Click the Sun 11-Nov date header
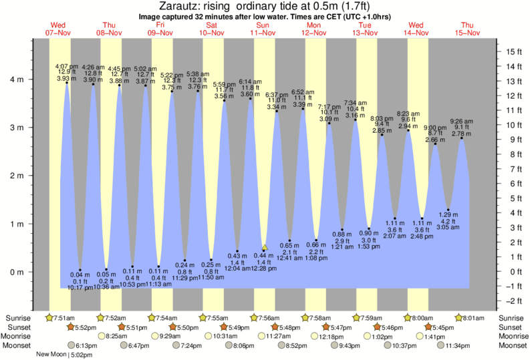click(263, 27)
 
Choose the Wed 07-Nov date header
click(59, 27)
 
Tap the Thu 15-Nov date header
click(467, 27)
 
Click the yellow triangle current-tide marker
click(265, 247)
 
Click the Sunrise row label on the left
click(18, 317)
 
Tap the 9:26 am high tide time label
click(461, 122)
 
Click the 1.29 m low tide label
click(448, 214)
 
